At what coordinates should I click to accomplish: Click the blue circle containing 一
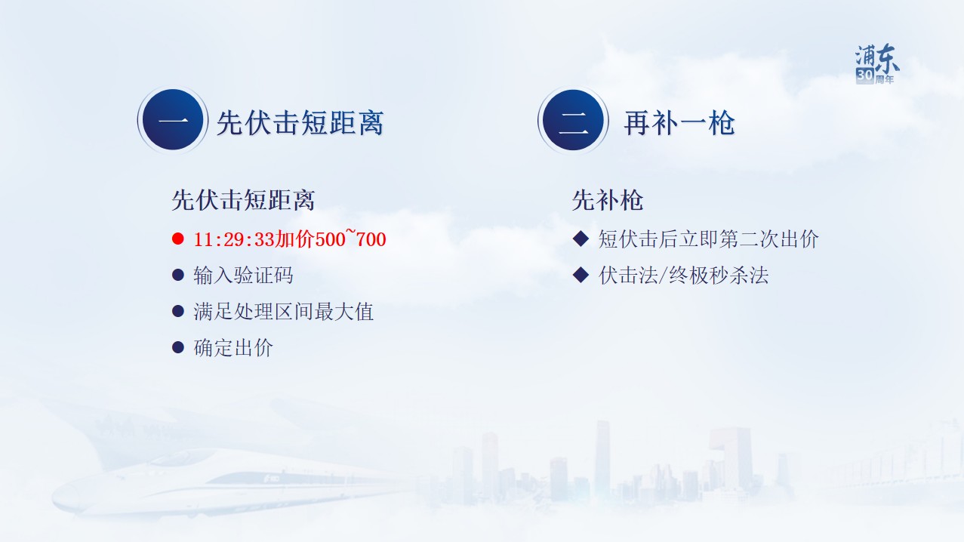coord(173,120)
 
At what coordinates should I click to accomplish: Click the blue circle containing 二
coord(573,120)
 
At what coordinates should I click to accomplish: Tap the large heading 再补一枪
coord(679,123)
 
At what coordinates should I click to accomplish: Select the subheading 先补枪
coord(608,200)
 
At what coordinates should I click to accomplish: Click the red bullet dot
coord(177,239)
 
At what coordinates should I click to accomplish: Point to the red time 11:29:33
coord(234,239)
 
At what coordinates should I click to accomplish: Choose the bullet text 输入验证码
coord(243,276)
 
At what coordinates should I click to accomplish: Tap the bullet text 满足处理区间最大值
coord(284,312)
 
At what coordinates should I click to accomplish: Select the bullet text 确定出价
coord(233,348)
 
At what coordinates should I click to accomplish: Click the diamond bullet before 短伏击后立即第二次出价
coord(581,239)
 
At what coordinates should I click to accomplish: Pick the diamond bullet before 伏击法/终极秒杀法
coord(581,275)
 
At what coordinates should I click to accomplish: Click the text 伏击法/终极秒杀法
coord(683,276)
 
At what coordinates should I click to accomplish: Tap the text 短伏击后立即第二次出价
coord(708,239)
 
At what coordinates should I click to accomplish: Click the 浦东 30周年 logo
coord(876,64)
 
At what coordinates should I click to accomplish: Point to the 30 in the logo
coord(864,75)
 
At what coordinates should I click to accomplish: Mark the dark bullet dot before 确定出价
coord(177,347)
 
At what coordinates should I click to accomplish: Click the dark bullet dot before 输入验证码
coord(177,275)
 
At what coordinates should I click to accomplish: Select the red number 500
coord(330,239)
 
